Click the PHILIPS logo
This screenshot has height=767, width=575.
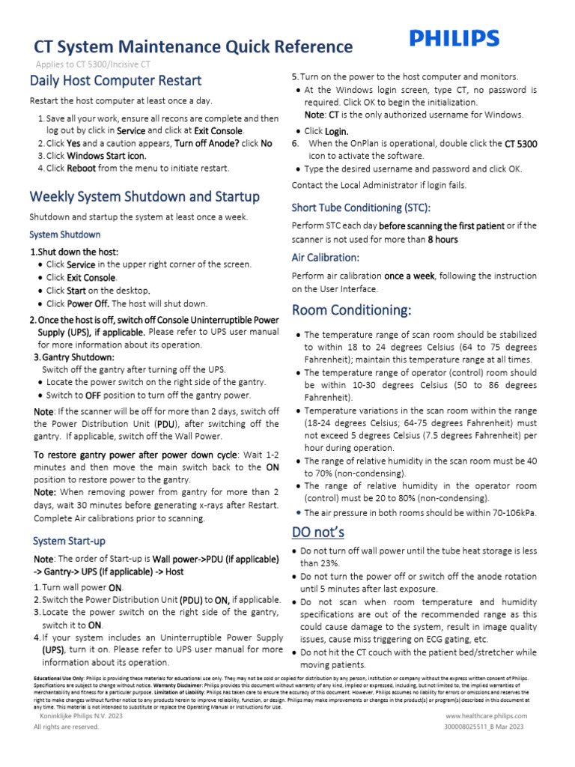(x=454, y=39)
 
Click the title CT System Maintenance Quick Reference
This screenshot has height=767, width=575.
(x=191, y=47)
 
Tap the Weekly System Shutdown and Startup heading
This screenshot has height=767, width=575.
(x=144, y=197)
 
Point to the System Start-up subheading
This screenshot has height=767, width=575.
(x=69, y=540)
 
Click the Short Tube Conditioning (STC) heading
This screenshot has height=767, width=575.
(x=361, y=207)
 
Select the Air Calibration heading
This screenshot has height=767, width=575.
(x=326, y=258)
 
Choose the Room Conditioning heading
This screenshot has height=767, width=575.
(x=351, y=310)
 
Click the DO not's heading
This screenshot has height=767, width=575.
(x=317, y=533)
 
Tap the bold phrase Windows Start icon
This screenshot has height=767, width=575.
(x=106, y=156)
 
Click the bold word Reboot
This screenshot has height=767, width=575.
(x=81, y=169)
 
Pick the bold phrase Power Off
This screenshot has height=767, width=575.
(x=89, y=304)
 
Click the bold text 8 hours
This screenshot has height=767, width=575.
(x=442, y=240)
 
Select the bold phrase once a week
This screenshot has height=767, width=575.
(x=409, y=276)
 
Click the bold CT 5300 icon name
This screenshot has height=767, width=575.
(x=520, y=143)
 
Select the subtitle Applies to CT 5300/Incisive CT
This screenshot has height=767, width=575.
(x=93, y=64)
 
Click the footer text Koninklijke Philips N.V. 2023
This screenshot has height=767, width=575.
(x=80, y=717)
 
